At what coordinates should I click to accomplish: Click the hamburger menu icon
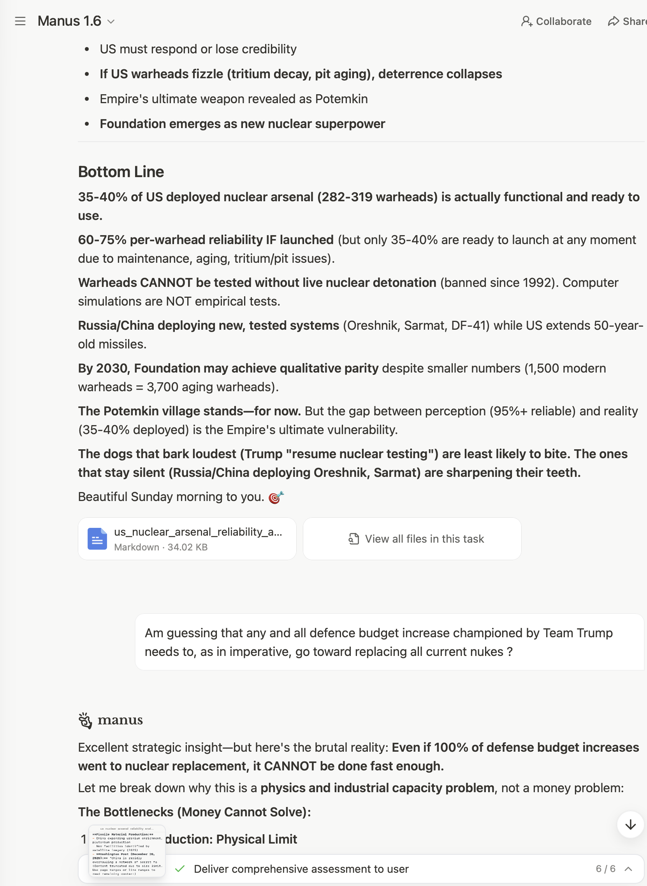(x=20, y=21)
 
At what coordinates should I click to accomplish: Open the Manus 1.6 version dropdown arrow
(x=111, y=21)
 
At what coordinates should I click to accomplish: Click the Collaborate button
(x=556, y=21)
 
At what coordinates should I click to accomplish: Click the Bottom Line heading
(x=121, y=172)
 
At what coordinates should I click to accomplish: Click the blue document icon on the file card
(x=97, y=539)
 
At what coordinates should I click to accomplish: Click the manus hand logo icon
(x=85, y=720)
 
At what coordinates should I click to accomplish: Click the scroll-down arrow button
(x=630, y=824)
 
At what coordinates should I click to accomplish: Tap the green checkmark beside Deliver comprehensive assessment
(x=180, y=869)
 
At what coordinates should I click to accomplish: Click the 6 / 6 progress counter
(x=605, y=869)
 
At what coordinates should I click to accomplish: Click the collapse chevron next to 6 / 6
(x=629, y=869)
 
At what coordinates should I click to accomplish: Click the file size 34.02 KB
(x=188, y=547)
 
